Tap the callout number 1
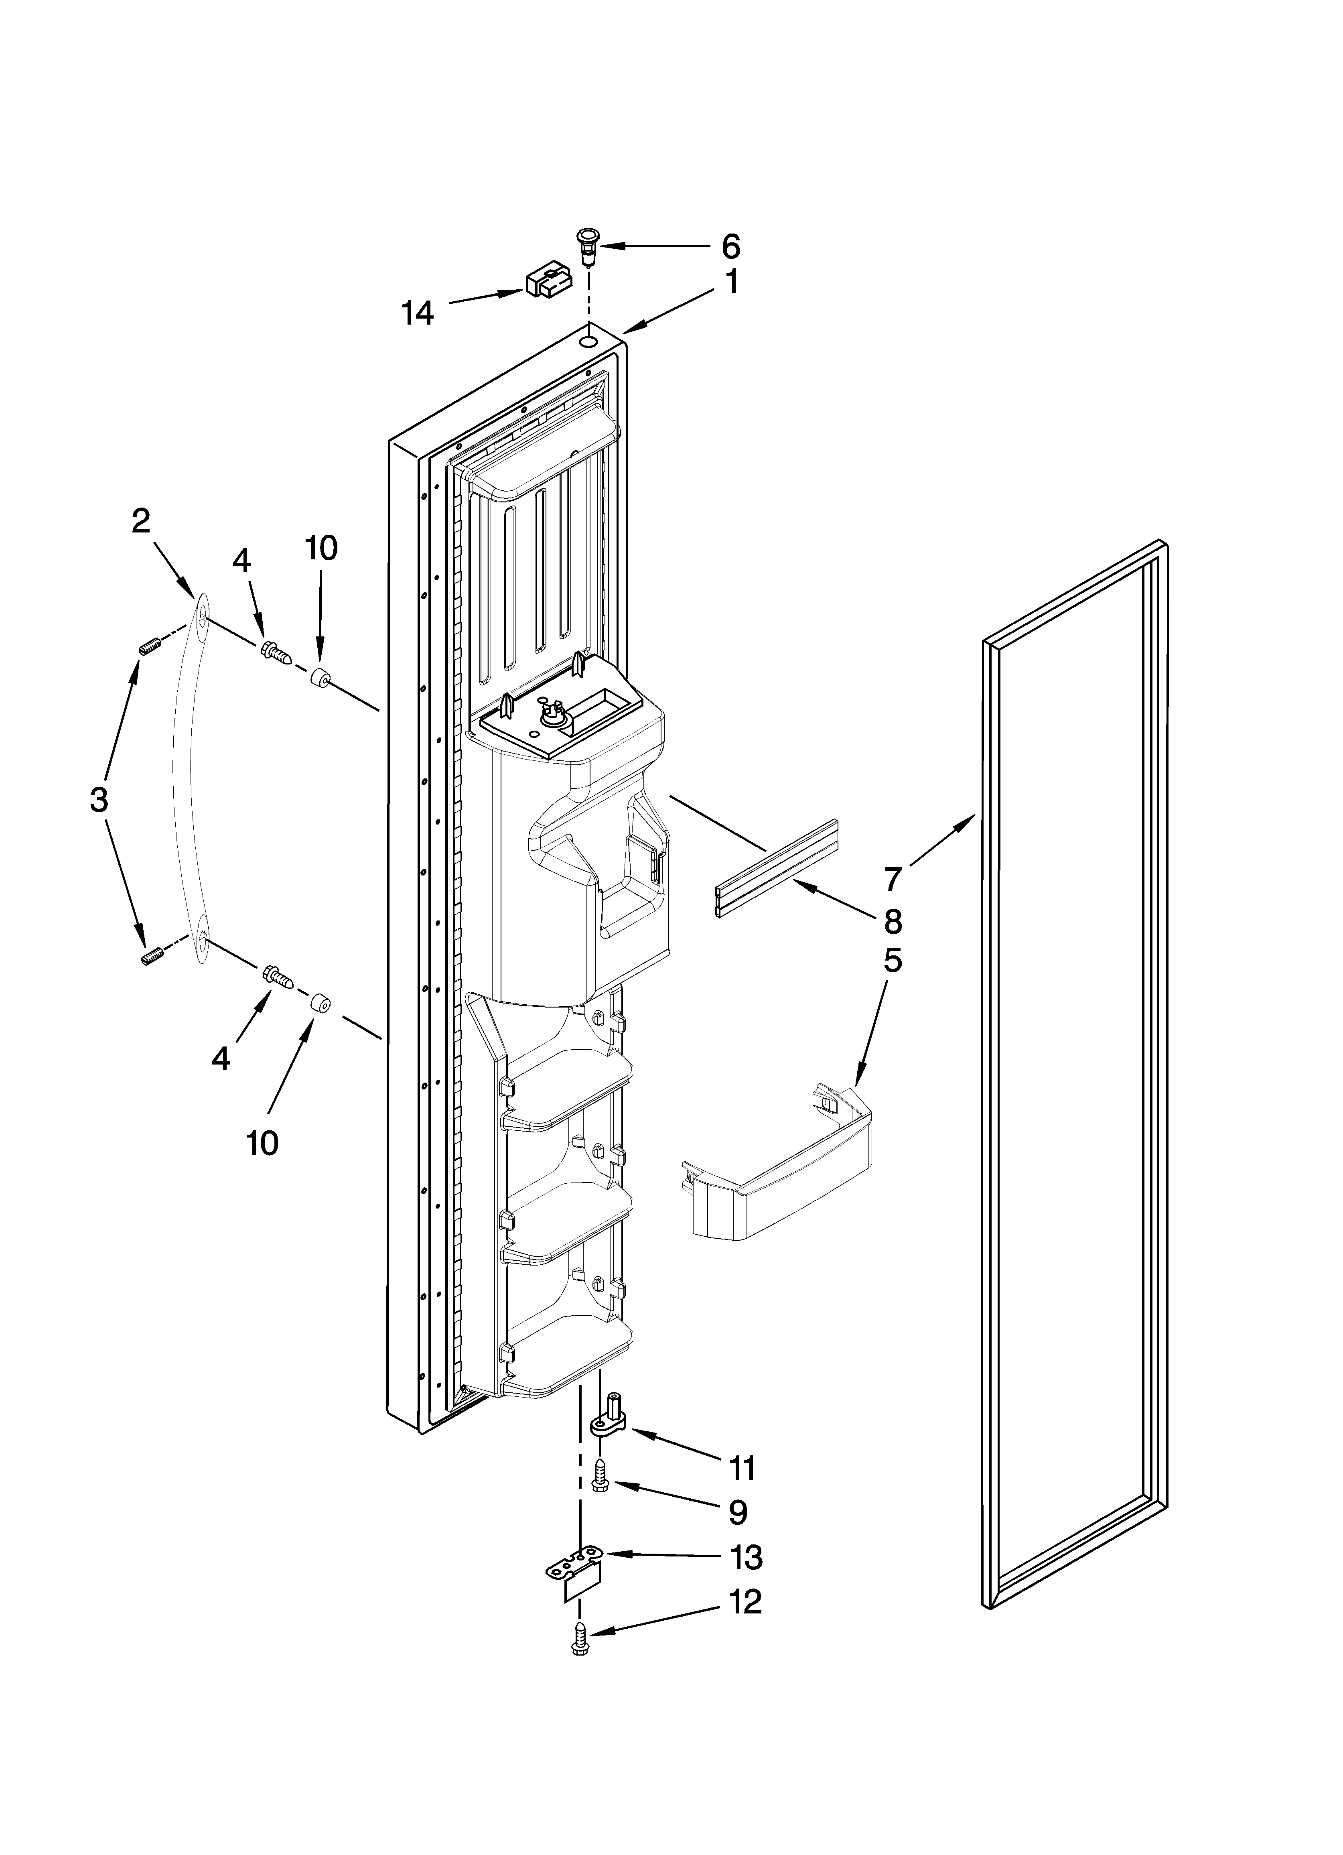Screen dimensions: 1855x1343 click(x=731, y=283)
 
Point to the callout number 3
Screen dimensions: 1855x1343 click(x=98, y=799)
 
